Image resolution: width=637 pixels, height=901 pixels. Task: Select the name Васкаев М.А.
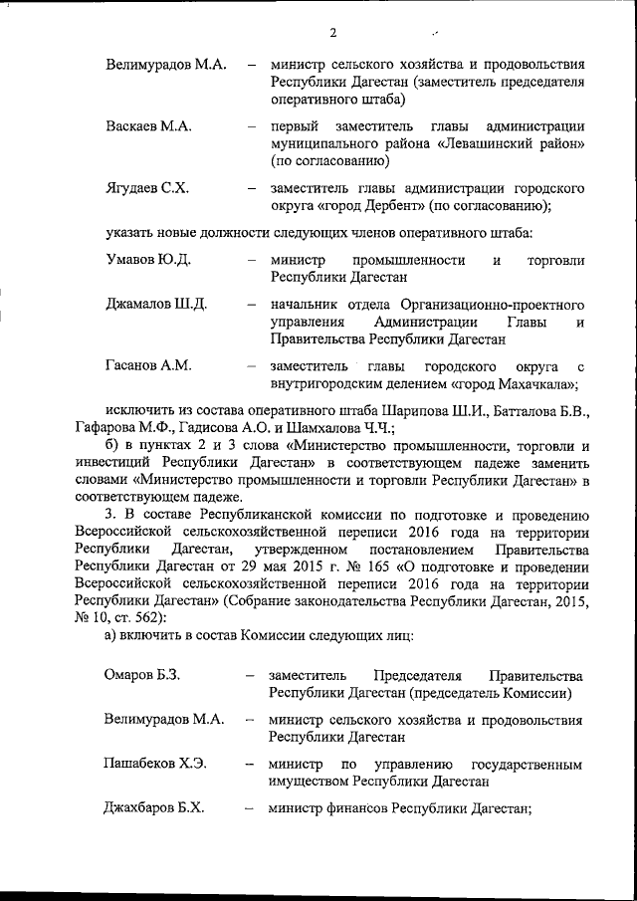click(148, 126)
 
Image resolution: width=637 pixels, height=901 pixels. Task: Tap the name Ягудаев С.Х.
click(147, 187)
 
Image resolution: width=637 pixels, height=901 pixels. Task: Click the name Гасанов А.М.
click(148, 365)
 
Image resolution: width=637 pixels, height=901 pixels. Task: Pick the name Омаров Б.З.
click(142, 676)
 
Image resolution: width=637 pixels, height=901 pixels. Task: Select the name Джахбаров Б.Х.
click(155, 808)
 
